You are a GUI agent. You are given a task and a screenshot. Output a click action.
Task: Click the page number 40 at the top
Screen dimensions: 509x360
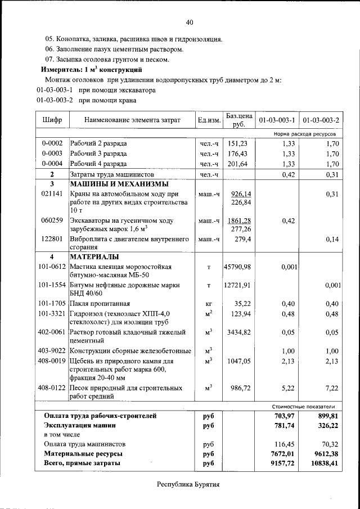190,22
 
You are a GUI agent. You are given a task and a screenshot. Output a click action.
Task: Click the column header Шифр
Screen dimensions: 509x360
52,120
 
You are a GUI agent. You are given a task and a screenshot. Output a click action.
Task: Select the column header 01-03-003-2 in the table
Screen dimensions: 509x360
321,120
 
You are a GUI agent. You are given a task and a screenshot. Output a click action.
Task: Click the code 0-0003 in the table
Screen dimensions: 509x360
52,154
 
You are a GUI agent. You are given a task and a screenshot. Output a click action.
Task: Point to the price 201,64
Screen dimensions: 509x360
238,164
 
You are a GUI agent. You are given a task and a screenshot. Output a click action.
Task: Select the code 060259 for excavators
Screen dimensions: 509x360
52,220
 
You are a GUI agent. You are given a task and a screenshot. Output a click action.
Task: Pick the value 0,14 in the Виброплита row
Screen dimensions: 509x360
332,240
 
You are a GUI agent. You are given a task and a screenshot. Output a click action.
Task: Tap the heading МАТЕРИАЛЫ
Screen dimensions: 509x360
93,258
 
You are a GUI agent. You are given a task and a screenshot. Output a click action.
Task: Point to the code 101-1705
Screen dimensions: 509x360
52,304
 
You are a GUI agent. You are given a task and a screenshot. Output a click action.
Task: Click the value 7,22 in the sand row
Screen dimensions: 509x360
332,388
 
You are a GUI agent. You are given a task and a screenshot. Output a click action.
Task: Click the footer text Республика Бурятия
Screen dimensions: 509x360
188,484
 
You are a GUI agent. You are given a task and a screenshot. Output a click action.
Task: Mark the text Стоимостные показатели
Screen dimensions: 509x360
303,406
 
